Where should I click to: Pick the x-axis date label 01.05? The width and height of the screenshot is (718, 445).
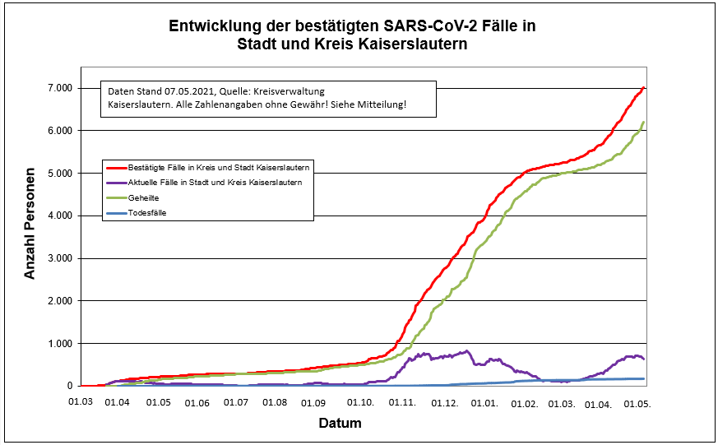[158, 402]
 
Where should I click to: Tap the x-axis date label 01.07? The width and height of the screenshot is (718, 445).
[237, 402]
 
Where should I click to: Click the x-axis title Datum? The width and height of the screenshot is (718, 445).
[340, 424]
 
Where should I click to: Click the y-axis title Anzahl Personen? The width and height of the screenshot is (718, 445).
[30, 224]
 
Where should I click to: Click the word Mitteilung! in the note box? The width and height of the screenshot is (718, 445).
[382, 105]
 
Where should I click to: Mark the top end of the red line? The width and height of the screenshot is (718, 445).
[644, 87]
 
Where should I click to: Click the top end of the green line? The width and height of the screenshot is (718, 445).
[644, 122]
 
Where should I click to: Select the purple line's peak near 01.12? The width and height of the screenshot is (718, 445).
[467, 351]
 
